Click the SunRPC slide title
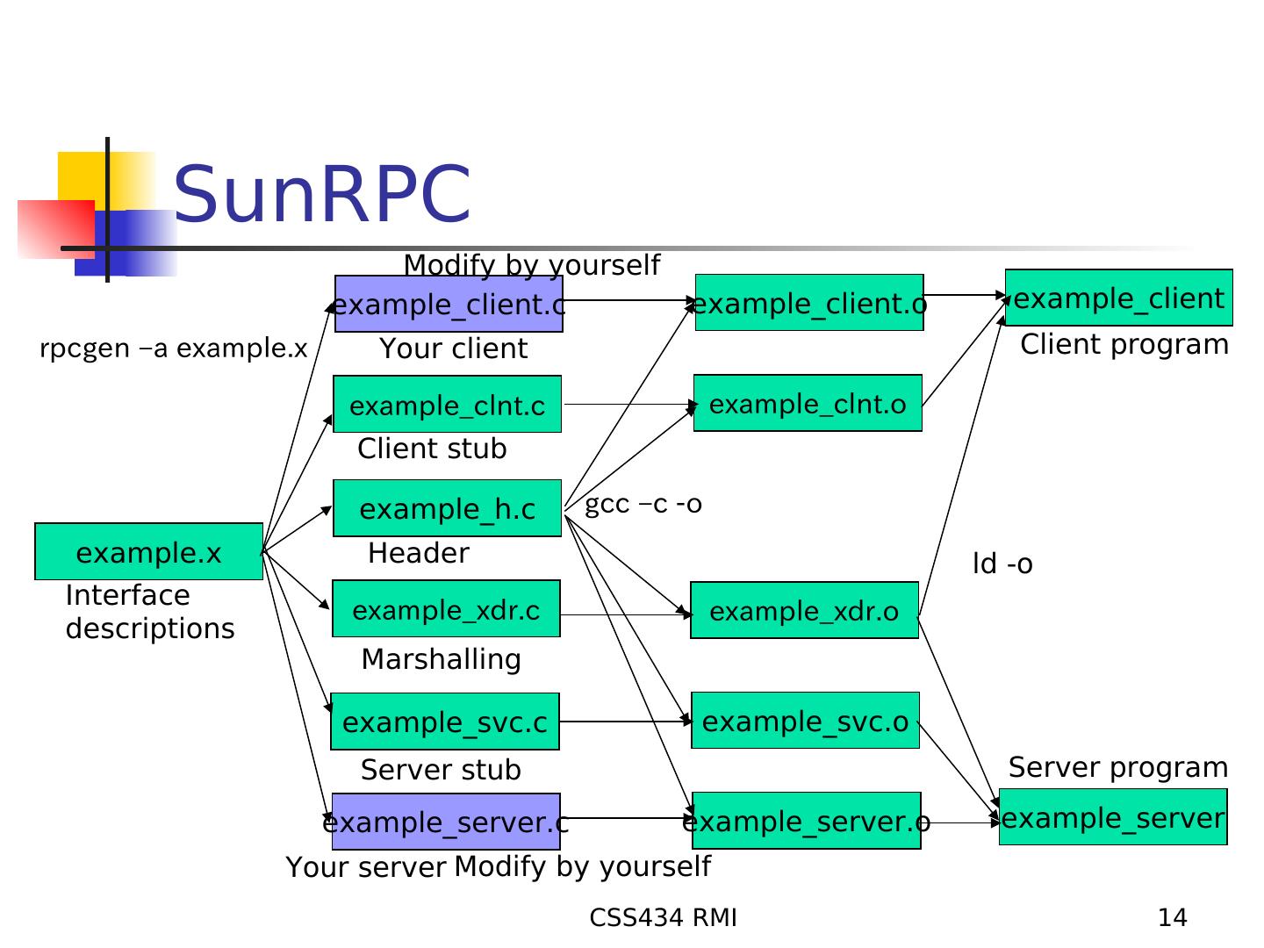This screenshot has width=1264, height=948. click(322, 194)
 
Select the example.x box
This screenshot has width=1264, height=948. click(148, 552)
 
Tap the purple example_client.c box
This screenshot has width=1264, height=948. click(449, 305)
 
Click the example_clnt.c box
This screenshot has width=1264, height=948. click(447, 405)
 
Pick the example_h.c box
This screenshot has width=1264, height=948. click(447, 508)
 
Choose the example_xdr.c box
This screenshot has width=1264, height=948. click(446, 609)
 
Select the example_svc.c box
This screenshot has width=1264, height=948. click(444, 722)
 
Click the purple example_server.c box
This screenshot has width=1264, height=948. click(446, 822)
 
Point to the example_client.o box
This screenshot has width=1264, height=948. click(808, 303)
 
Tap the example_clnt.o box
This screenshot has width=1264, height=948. click(808, 404)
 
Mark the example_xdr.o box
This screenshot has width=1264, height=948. click(804, 610)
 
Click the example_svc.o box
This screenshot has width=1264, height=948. click(805, 721)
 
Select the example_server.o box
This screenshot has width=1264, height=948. click(806, 821)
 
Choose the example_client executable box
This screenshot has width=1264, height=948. click(1118, 298)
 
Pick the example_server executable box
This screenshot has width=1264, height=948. click(1112, 817)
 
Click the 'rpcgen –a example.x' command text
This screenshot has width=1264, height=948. click(173, 348)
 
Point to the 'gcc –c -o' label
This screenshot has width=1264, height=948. click(643, 504)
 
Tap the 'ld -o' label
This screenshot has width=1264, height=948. click(1002, 564)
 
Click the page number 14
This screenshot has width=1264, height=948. click(1172, 918)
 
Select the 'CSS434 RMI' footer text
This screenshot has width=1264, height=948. click(663, 918)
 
